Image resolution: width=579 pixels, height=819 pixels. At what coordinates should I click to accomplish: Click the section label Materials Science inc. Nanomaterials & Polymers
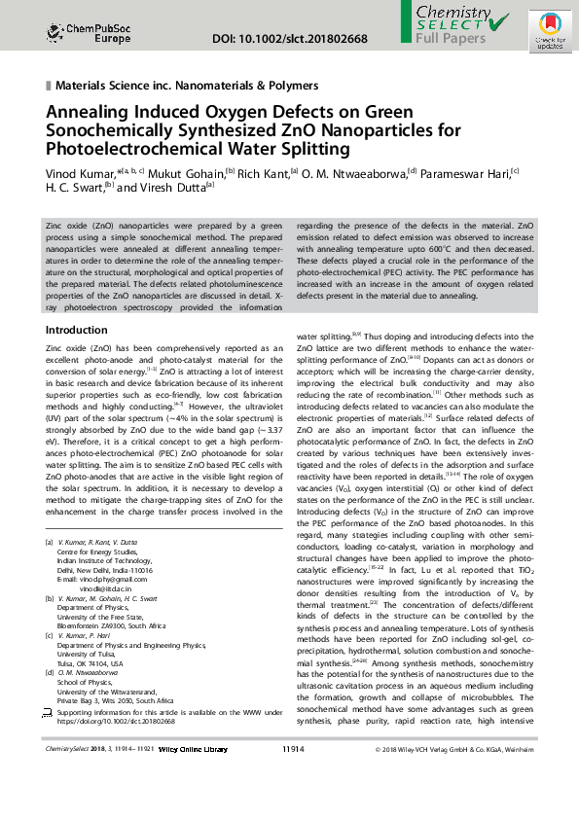pyautogui.click(x=188, y=86)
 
